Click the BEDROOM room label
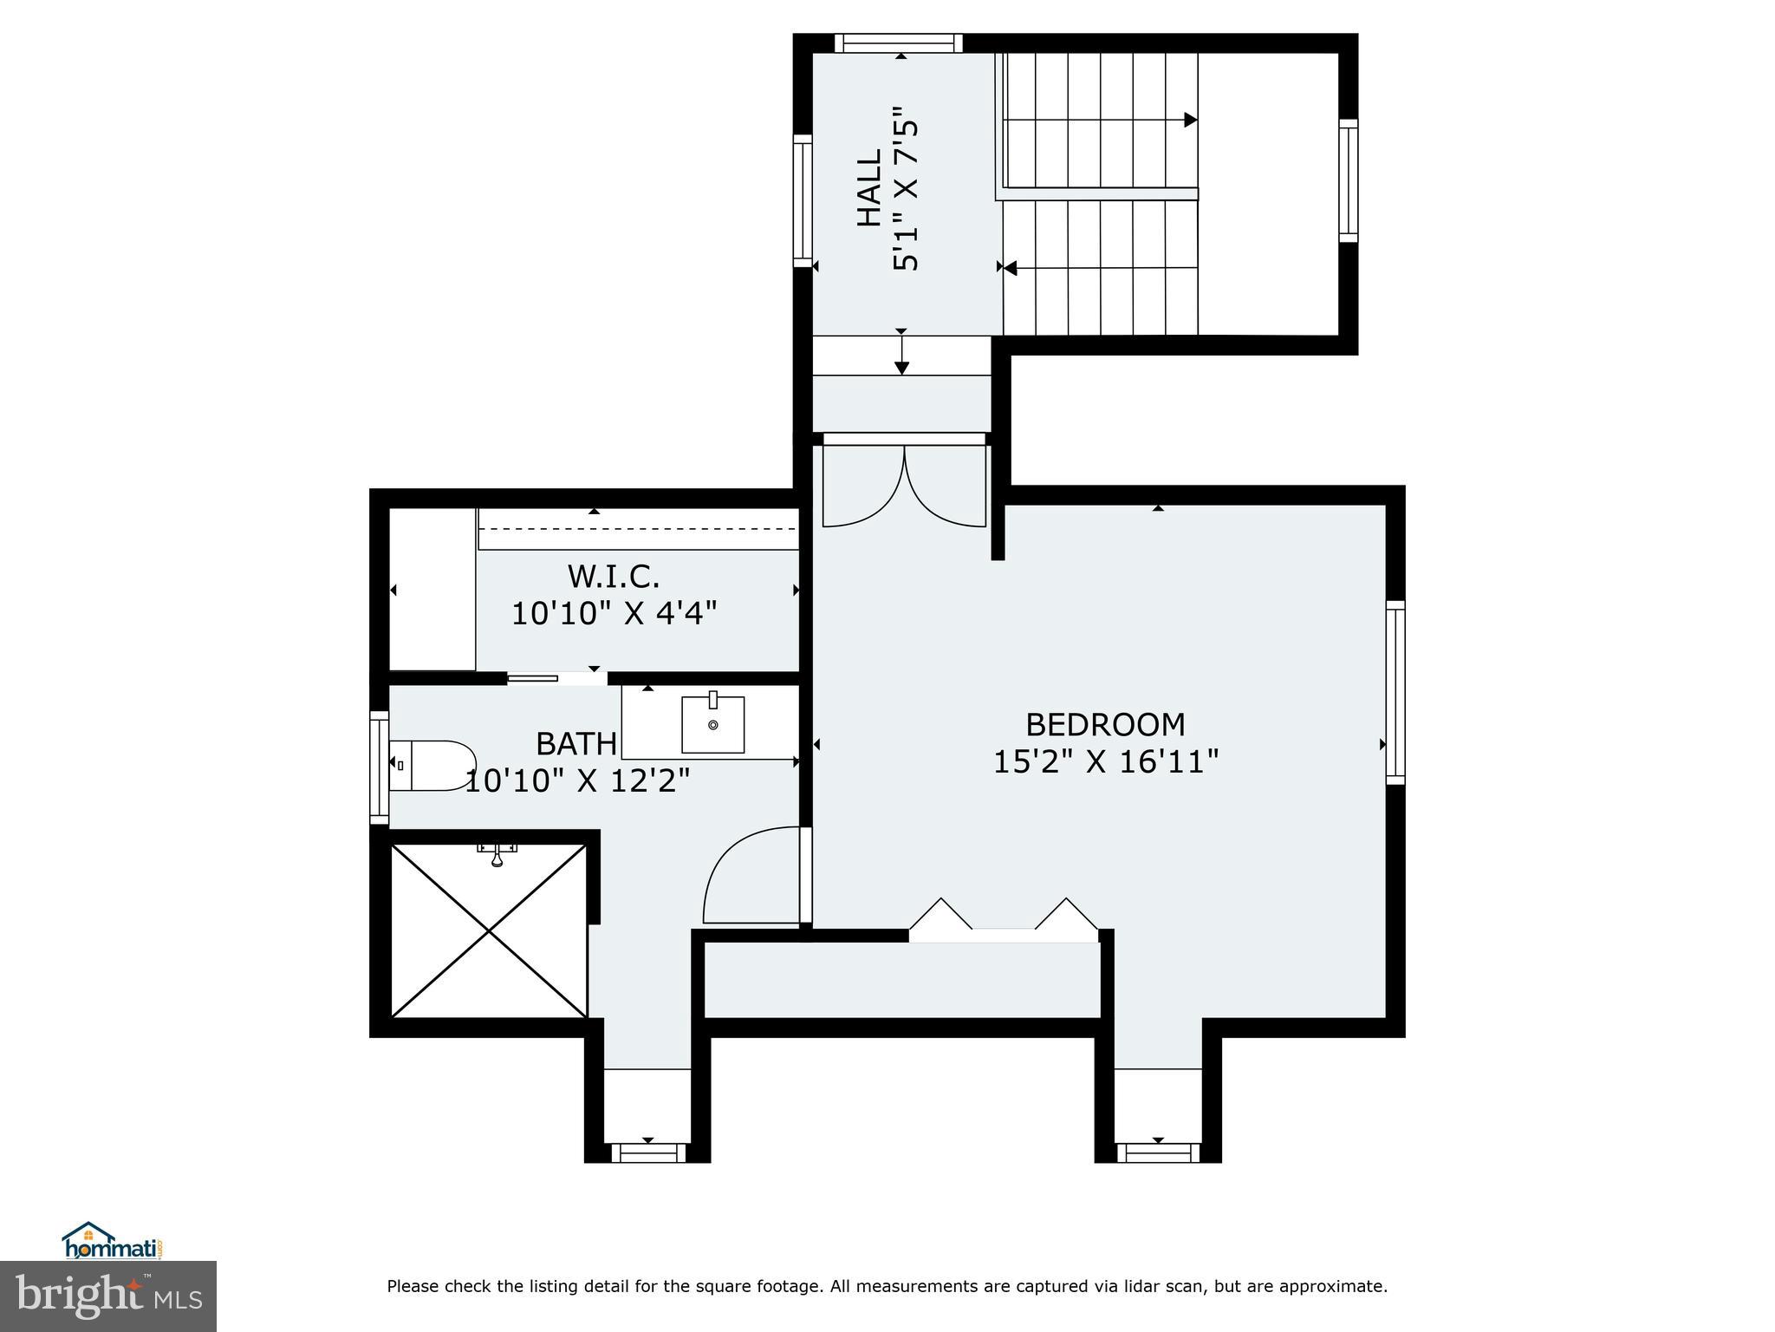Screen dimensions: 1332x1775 point(1105,724)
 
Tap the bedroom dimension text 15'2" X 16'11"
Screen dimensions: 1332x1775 point(1105,762)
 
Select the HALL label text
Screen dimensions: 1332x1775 point(869,188)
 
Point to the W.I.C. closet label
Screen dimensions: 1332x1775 point(614,576)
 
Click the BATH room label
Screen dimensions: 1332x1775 point(576,744)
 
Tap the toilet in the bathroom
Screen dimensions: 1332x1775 point(432,765)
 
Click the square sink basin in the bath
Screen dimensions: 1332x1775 point(712,724)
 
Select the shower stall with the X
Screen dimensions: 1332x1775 point(489,930)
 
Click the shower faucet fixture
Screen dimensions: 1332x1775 point(497,854)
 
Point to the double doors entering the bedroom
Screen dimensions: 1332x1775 point(903,486)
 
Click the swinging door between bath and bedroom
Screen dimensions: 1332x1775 point(751,876)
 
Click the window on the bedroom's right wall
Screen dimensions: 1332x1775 point(1395,691)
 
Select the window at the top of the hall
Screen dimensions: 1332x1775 point(899,43)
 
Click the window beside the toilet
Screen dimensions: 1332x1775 point(379,767)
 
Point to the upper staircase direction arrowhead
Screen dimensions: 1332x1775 point(1191,120)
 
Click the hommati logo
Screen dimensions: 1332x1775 point(112,1241)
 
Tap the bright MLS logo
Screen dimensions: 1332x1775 point(107,1295)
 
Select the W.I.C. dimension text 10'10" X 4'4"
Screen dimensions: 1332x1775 point(614,614)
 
